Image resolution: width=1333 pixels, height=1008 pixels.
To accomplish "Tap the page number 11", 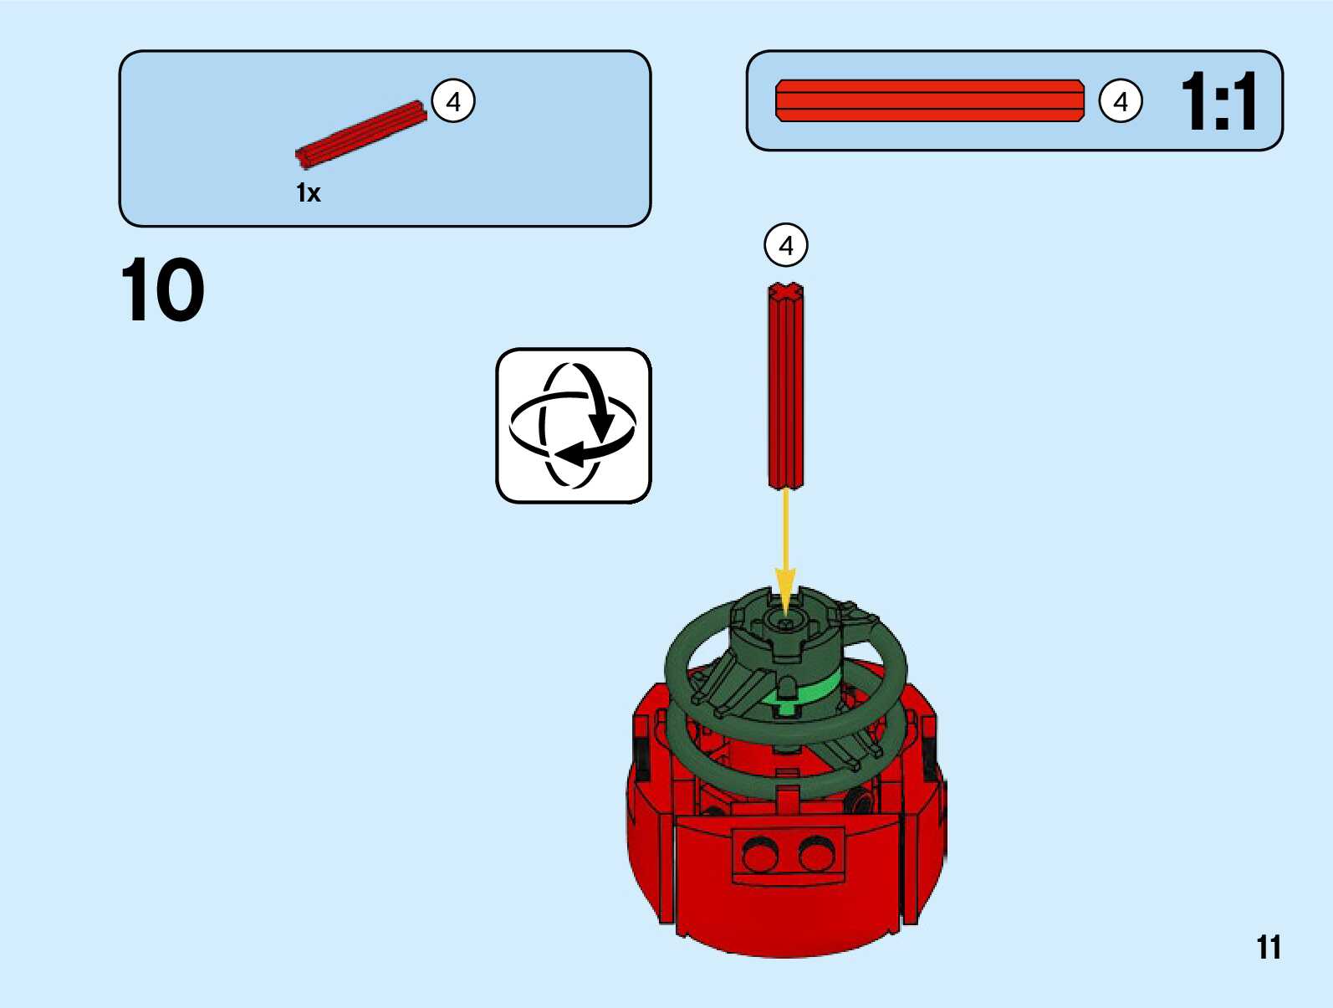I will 1268,948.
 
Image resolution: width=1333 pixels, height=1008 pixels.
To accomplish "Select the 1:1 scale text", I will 1218,101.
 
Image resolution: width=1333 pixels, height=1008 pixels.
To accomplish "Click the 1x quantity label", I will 308,193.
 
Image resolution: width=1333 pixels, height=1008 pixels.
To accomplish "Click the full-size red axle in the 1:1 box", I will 929,101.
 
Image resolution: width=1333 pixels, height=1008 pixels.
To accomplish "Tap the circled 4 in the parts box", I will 453,101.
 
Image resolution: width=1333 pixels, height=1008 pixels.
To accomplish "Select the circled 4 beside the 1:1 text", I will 1121,101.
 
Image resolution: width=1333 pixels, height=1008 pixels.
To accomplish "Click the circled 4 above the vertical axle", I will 786,245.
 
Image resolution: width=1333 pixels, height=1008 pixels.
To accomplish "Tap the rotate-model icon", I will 574,426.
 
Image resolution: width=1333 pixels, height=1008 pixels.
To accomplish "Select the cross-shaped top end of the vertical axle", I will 786,291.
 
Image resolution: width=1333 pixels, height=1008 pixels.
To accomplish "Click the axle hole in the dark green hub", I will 785,623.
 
